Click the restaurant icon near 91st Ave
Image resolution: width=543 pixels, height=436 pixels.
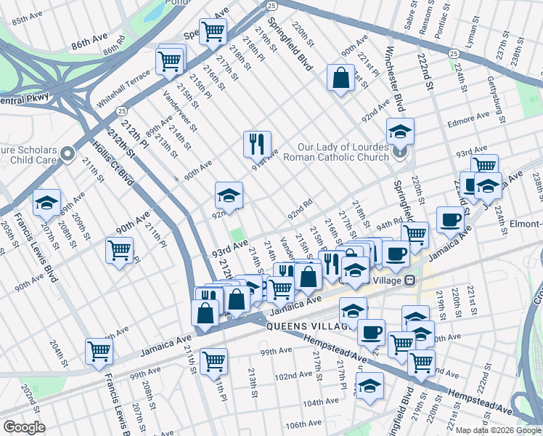pos(257,145)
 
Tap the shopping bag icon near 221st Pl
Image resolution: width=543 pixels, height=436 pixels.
pos(340,78)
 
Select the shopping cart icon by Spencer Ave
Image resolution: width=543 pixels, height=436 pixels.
pos(213,31)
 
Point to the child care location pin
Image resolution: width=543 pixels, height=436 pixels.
pos(68,153)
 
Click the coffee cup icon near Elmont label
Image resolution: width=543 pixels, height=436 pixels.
pos(450,219)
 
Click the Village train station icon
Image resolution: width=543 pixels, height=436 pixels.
pos(410,280)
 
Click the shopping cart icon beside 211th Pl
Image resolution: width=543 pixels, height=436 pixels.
pos(120,251)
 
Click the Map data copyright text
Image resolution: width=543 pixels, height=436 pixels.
pos(498,429)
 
